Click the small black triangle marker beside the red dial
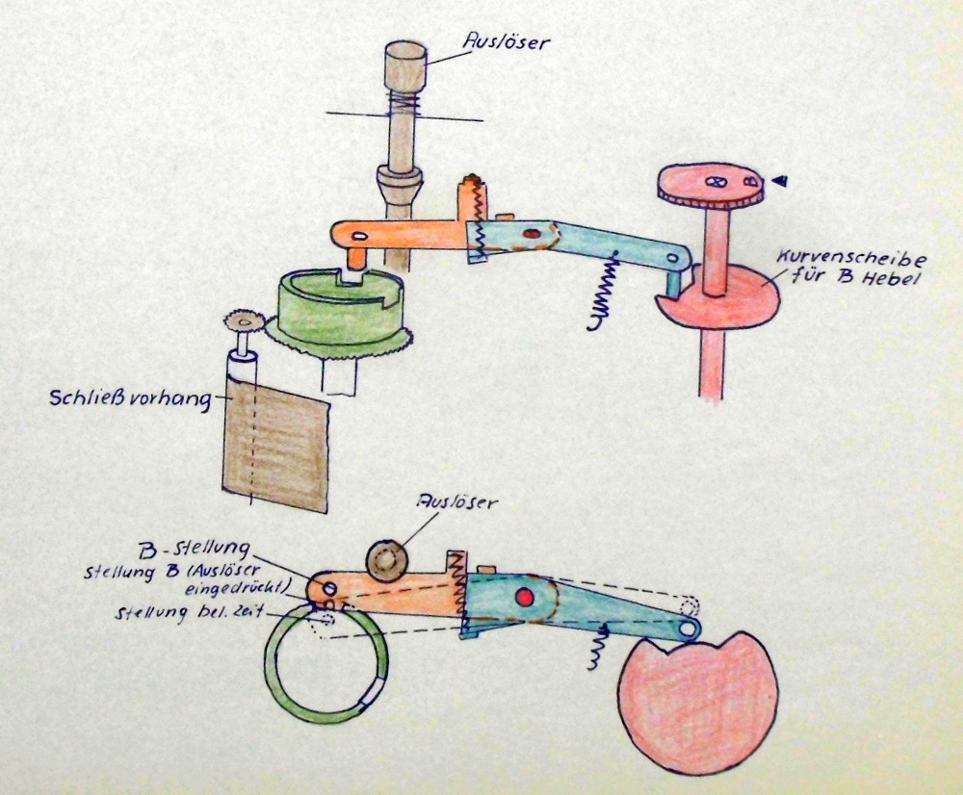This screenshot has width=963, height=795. [x=783, y=179]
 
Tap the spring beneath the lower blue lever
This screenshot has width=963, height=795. [x=595, y=645]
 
